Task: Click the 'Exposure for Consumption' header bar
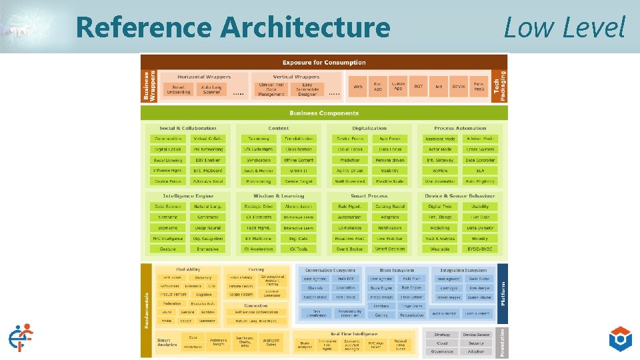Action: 324,63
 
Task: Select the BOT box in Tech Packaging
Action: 419,87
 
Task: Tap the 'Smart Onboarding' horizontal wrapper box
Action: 178,89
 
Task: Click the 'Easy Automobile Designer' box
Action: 307,89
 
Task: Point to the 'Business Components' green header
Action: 324,113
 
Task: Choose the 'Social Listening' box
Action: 168,160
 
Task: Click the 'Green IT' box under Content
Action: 299,171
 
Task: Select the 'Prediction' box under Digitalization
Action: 349,160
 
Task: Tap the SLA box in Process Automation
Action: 480,171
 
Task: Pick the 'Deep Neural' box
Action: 207,228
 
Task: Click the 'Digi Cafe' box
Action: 299,238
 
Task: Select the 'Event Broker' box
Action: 349,249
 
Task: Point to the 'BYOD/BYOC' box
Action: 480,249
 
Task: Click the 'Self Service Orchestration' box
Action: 256,311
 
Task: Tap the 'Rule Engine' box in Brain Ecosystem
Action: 411,288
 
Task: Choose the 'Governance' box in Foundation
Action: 442,351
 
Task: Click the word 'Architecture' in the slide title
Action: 305,27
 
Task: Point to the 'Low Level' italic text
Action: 564,27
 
